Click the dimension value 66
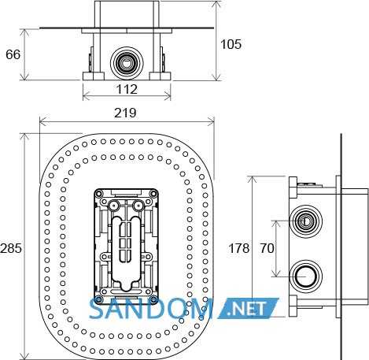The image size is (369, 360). tap(13, 54)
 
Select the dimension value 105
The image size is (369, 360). tap(231, 44)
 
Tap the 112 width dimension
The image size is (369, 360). tap(127, 89)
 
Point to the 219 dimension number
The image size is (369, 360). tap(125, 113)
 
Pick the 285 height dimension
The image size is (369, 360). tap(11, 248)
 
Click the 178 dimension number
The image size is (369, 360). tap(239, 248)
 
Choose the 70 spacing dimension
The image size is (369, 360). tap(267, 248)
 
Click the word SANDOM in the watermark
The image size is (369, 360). tap(151, 309)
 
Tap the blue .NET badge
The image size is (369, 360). tap(248, 309)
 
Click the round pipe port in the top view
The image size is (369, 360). tap(127, 63)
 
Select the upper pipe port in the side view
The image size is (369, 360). tap(305, 221)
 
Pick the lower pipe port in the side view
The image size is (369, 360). tap(305, 276)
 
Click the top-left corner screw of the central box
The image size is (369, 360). tap(98, 194)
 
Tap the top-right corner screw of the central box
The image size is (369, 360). tap(153, 194)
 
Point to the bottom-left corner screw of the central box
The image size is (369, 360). tap(98, 299)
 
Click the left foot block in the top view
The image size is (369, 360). tap(94, 76)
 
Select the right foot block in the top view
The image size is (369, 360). tap(160, 76)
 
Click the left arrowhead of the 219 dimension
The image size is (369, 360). tap(42, 122)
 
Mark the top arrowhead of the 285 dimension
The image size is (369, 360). tap(24, 137)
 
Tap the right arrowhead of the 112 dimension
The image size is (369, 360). tap(168, 96)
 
